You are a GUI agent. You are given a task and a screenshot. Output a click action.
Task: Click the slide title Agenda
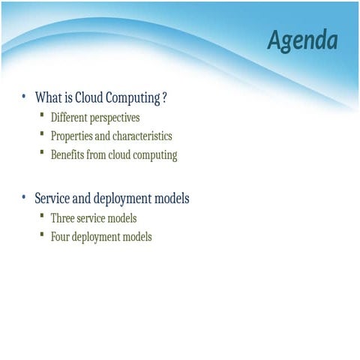[302, 40]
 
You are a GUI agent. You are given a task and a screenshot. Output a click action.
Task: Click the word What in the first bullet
[47, 98]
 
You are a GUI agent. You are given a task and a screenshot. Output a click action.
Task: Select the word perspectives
[113, 118]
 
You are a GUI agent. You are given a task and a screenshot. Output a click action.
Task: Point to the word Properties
[73, 136]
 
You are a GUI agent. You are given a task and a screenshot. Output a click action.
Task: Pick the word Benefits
[68, 155]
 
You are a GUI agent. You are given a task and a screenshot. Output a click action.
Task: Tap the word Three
[64, 218]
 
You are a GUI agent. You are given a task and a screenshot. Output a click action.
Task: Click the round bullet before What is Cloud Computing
[24, 97]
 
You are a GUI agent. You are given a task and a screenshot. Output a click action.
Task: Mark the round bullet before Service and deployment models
[24, 198]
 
